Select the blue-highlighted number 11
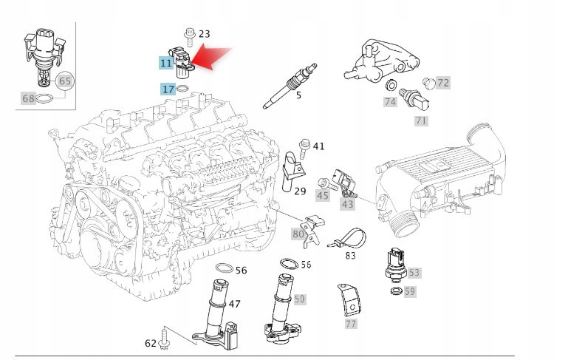pos(166,64)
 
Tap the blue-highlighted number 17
pos(168,89)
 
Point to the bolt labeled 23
pos(188,33)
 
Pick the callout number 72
pos(442,83)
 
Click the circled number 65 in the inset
pos(65,81)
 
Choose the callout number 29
pos(300,191)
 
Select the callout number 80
pos(298,234)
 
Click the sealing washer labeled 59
pos(397,293)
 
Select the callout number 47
pos(234,304)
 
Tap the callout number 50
pos(299,299)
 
